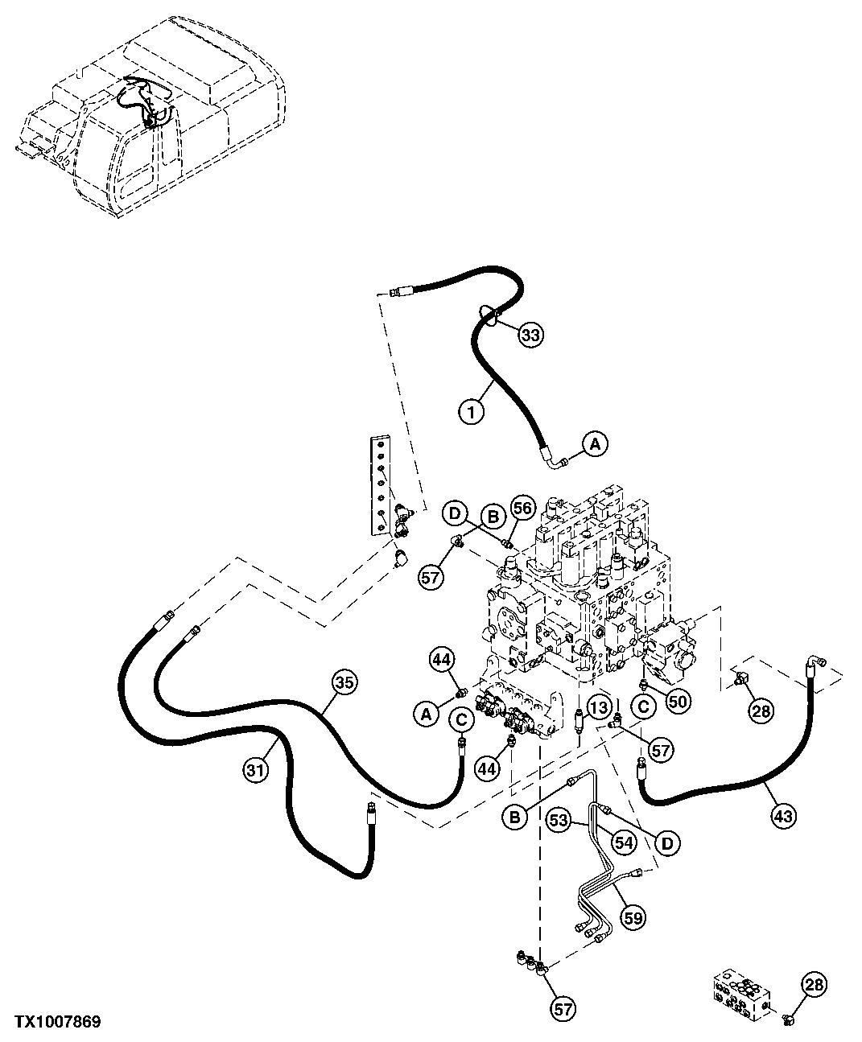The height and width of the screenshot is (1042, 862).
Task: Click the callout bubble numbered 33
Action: pyautogui.click(x=530, y=335)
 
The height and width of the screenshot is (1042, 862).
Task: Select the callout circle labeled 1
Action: pyautogui.click(x=472, y=412)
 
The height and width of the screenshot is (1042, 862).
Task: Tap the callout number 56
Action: pyautogui.click(x=523, y=508)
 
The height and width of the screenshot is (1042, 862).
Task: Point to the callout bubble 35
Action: pyautogui.click(x=344, y=682)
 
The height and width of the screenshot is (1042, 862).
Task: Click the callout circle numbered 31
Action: pyautogui.click(x=255, y=770)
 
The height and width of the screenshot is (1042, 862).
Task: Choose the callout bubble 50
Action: pyautogui.click(x=678, y=701)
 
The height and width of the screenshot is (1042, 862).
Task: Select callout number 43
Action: pyautogui.click(x=783, y=816)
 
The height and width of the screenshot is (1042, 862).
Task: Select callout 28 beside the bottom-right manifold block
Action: pyautogui.click(x=814, y=985)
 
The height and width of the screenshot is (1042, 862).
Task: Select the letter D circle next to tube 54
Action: pyautogui.click(x=666, y=842)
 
